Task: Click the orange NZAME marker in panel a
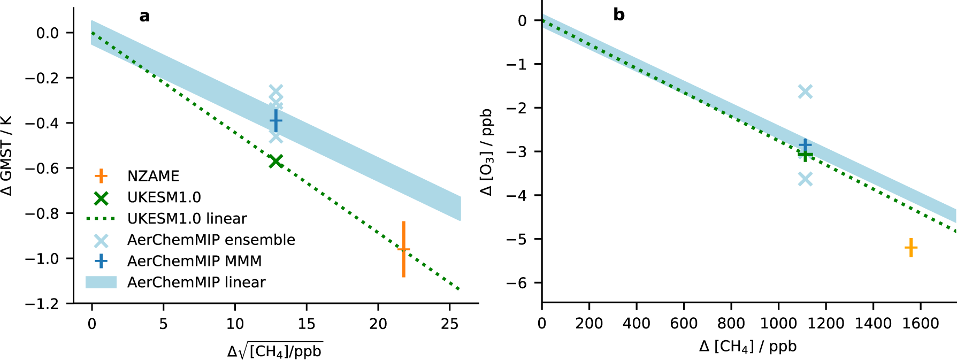click(403, 249)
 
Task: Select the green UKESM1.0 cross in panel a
click(275, 161)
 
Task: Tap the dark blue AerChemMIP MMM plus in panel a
click(275, 121)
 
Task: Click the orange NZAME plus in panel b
click(910, 248)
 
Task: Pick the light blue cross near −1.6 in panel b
click(805, 91)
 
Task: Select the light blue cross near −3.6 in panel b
click(805, 179)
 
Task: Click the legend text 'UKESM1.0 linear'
click(187, 219)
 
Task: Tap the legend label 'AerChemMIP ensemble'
click(211, 240)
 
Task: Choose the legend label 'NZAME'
click(153, 176)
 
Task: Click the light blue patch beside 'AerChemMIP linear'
click(101, 282)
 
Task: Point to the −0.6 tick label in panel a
click(43, 168)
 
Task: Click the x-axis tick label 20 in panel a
click(378, 324)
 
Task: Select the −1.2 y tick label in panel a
click(43, 304)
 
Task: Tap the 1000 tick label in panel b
click(778, 324)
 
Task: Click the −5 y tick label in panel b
click(517, 239)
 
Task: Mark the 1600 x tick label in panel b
click(920, 324)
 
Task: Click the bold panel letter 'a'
click(144, 17)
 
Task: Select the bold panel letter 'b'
click(619, 15)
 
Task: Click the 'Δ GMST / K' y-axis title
click(6, 156)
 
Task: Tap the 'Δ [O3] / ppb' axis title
click(487, 152)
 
